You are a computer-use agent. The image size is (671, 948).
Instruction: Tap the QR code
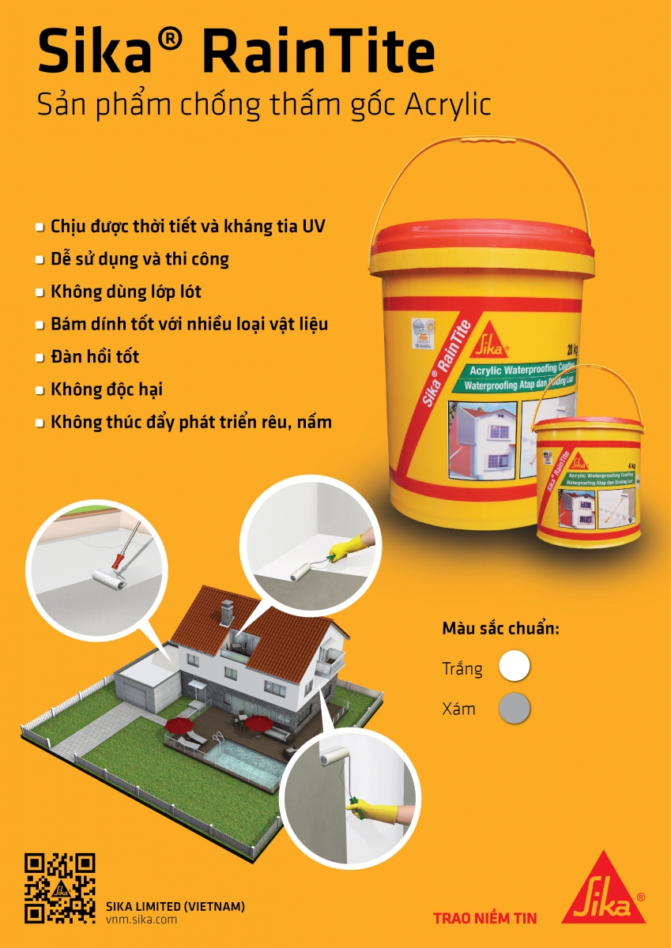60,888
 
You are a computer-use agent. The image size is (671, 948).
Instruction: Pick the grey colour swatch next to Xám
515,708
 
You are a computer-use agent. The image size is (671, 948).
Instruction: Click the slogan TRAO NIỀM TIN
484,918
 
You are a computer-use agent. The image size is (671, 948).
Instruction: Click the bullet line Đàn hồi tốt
95,357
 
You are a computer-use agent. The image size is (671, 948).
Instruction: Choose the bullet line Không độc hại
107,389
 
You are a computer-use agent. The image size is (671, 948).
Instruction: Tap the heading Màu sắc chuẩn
500,630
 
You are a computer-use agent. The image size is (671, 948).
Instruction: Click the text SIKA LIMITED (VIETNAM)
175,906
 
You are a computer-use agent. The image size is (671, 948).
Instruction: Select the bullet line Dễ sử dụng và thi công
140,259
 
